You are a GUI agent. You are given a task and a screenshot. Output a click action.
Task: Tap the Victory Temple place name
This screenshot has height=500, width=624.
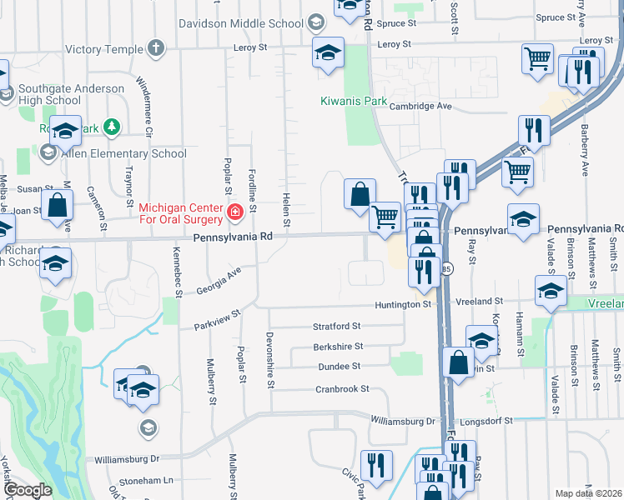click(104, 49)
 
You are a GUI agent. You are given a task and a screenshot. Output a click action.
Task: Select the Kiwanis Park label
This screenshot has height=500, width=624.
click(355, 102)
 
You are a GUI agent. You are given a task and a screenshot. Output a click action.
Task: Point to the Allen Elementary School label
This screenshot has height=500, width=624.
click(122, 153)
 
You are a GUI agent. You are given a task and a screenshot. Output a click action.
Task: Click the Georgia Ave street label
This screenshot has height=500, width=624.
click(218, 280)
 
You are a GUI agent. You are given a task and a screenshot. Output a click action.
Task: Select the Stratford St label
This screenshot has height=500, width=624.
click(336, 326)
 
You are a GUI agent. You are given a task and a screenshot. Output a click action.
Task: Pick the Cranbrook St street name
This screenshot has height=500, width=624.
click(342, 389)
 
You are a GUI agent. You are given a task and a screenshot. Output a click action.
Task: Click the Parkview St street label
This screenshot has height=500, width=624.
click(217, 320)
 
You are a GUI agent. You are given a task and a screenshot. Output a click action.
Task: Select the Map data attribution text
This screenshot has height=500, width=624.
click(588, 493)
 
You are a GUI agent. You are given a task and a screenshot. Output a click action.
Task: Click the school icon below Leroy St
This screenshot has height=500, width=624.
click(329, 53)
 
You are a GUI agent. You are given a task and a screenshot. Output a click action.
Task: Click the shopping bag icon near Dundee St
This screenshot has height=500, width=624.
click(459, 363)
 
